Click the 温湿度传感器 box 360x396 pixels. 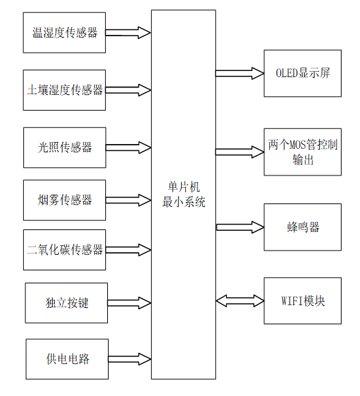point(65,32)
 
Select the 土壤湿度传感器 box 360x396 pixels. point(65,89)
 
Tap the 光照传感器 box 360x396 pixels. point(65,147)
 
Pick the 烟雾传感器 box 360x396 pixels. point(65,200)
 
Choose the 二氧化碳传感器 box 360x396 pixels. point(65,250)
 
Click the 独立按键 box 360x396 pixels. point(66,302)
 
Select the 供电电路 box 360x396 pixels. point(66,358)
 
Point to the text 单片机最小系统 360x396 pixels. point(183,195)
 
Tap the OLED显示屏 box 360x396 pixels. point(302,72)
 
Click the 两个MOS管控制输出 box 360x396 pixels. point(302,152)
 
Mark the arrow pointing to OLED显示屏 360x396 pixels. point(240,72)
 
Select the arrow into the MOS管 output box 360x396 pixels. point(240,152)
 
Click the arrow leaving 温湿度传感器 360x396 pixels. point(128,32)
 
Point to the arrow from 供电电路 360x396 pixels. point(128,358)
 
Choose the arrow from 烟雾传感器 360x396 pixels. point(128,200)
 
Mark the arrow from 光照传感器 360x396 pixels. point(128,147)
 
